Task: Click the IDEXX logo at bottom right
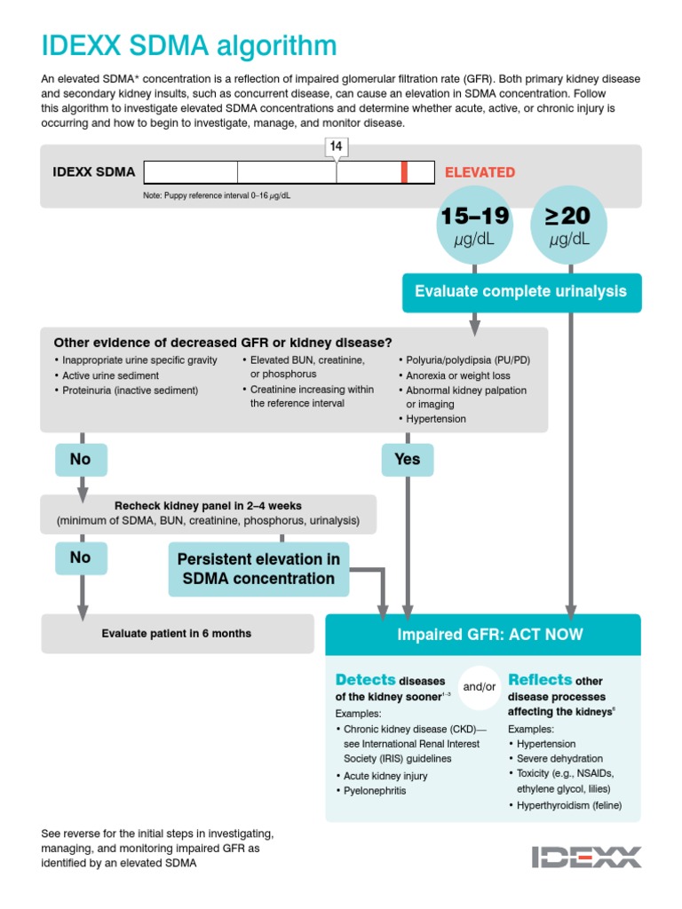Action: coord(586,857)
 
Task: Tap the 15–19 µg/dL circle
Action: coord(474,226)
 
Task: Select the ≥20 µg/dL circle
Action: coord(568,226)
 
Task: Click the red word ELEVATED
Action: coord(480,172)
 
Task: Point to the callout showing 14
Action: coord(336,146)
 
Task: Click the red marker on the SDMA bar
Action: coord(404,172)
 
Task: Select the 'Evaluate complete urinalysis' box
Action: coord(520,292)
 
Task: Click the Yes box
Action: coord(407,460)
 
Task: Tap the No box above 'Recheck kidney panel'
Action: coord(81,460)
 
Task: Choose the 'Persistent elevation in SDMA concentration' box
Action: coord(258,569)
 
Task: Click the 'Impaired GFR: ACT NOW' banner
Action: coord(483,635)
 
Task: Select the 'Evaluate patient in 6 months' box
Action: coord(177,634)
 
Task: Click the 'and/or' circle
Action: coord(480,686)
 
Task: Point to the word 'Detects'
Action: coord(365,680)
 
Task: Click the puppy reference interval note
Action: coord(217,195)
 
